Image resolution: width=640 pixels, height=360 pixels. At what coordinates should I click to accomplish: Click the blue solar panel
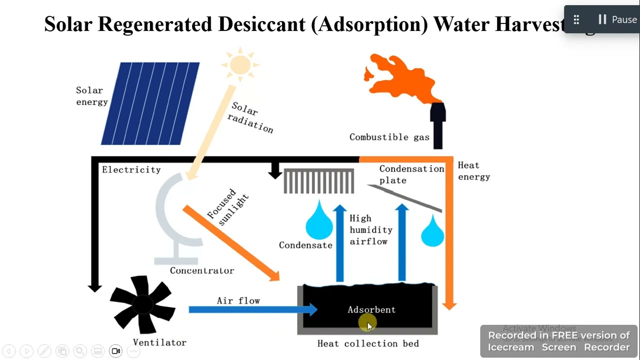[x=150, y=103]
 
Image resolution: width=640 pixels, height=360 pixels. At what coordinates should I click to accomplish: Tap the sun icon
[x=240, y=64]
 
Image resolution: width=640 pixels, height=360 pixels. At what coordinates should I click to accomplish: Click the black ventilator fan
[x=142, y=304]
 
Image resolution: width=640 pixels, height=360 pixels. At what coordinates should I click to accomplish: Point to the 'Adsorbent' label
[x=371, y=310]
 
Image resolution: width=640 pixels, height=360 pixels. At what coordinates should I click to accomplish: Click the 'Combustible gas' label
[x=389, y=137]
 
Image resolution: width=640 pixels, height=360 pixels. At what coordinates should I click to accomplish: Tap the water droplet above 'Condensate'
[x=318, y=221]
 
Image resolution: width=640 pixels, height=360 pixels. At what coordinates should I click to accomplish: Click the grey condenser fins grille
[x=319, y=181]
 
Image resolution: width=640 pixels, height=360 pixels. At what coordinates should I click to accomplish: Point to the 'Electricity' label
[x=131, y=170]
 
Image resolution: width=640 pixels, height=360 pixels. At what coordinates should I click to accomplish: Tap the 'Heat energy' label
[x=473, y=171]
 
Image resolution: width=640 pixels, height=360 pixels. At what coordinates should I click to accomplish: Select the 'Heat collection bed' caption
[x=368, y=343]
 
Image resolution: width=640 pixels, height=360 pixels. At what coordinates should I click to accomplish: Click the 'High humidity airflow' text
[x=370, y=230]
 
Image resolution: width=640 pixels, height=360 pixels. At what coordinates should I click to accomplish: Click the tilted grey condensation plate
[x=405, y=198]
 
